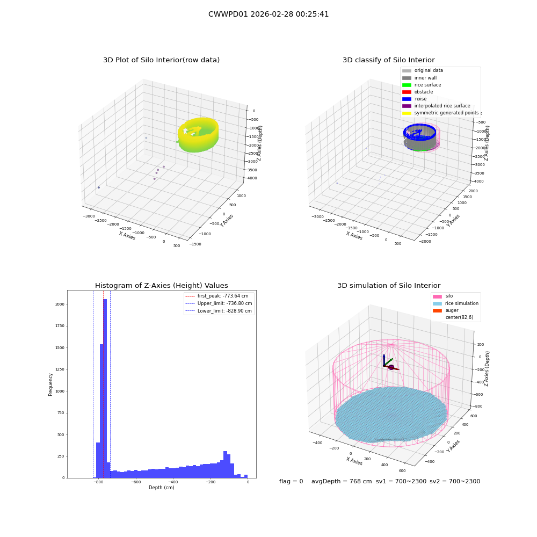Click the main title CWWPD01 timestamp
click(x=268, y=14)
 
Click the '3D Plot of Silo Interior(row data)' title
click(x=161, y=60)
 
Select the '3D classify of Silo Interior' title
click(x=389, y=60)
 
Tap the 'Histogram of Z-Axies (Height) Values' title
click(x=161, y=286)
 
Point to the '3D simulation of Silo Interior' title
click(x=389, y=286)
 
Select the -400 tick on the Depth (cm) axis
click(x=173, y=482)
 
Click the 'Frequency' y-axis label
click(x=50, y=384)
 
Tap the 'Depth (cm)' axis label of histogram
click(x=161, y=488)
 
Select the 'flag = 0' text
click(x=291, y=482)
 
